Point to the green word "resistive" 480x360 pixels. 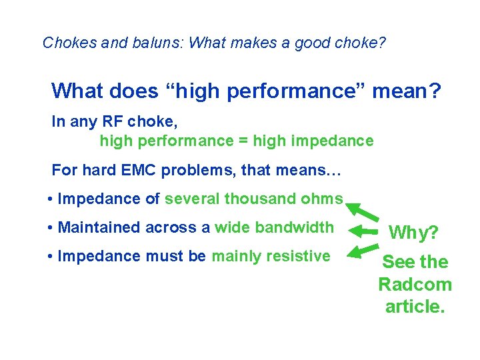coord(297,256)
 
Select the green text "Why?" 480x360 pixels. coord(413,233)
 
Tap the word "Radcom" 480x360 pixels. coord(415,285)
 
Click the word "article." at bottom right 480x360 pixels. coord(415,307)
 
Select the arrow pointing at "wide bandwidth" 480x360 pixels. coord(365,231)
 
